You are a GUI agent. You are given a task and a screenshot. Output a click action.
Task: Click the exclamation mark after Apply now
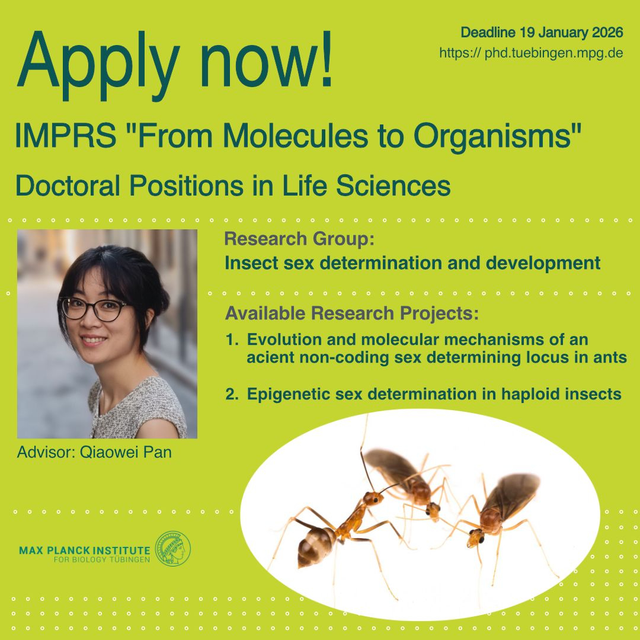click(x=326, y=60)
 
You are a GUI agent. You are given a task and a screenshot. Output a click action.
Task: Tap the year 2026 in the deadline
click(x=607, y=32)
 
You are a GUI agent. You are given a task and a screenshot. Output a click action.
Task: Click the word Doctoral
click(x=68, y=185)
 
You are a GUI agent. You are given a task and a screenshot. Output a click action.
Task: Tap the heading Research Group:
click(x=299, y=239)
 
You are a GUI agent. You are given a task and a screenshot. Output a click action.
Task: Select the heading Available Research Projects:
click(x=351, y=313)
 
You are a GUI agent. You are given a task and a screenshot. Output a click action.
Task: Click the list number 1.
click(x=232, y=340)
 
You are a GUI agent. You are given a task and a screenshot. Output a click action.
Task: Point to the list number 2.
click(x=232, y=394)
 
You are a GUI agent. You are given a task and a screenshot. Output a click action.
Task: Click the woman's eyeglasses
click(x=94, y=309)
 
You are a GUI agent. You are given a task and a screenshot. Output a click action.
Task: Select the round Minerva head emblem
click(x=173, y=548)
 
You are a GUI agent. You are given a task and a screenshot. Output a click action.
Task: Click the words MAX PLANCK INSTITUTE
click(x=85, y=550)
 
